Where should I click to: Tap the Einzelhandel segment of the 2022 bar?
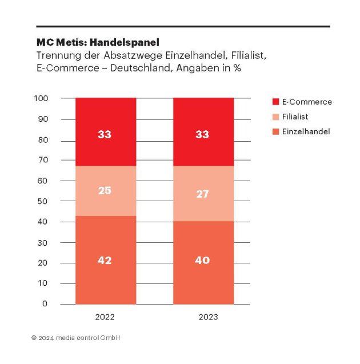tap(105, 274)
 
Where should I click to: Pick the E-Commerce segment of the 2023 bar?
tap(203, 120)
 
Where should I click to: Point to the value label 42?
tap(105, 261)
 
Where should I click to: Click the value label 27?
tap(203, 194)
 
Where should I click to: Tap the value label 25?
tap(105, 190)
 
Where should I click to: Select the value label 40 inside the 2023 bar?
tap(203, 261)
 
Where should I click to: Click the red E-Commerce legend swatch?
tap(275, 102)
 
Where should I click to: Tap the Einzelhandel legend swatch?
tap(275, 131)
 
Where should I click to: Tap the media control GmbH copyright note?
tap(76, 338)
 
